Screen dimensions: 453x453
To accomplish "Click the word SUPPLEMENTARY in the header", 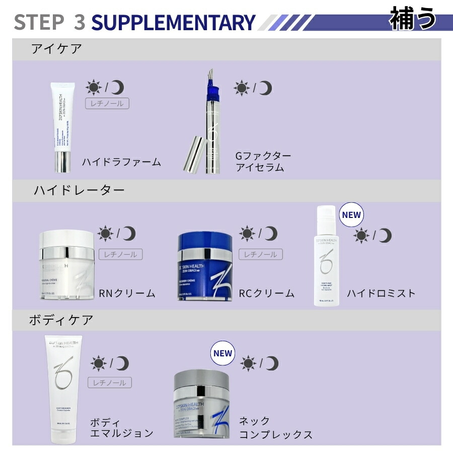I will point(173,22).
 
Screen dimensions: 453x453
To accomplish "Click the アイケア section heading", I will point(56,49).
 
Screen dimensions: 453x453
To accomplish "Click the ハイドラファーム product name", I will point(121,162).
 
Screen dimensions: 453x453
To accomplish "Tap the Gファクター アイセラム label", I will point(263,162).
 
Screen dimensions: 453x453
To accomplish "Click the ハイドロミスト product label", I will point(381,293).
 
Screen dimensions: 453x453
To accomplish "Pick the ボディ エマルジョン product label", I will point(121,427).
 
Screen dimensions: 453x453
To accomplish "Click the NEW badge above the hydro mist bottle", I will point(351,215).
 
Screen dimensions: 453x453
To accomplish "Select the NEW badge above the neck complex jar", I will point(222,353).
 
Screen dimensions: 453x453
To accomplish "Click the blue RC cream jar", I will point(206,267).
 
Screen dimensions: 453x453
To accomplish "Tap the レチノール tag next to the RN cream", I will point(120,254).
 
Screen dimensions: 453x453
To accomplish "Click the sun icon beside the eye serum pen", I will point(242,88).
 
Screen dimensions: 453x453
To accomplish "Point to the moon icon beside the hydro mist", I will point(385,235).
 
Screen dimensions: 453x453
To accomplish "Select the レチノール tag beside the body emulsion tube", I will point(110,383).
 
